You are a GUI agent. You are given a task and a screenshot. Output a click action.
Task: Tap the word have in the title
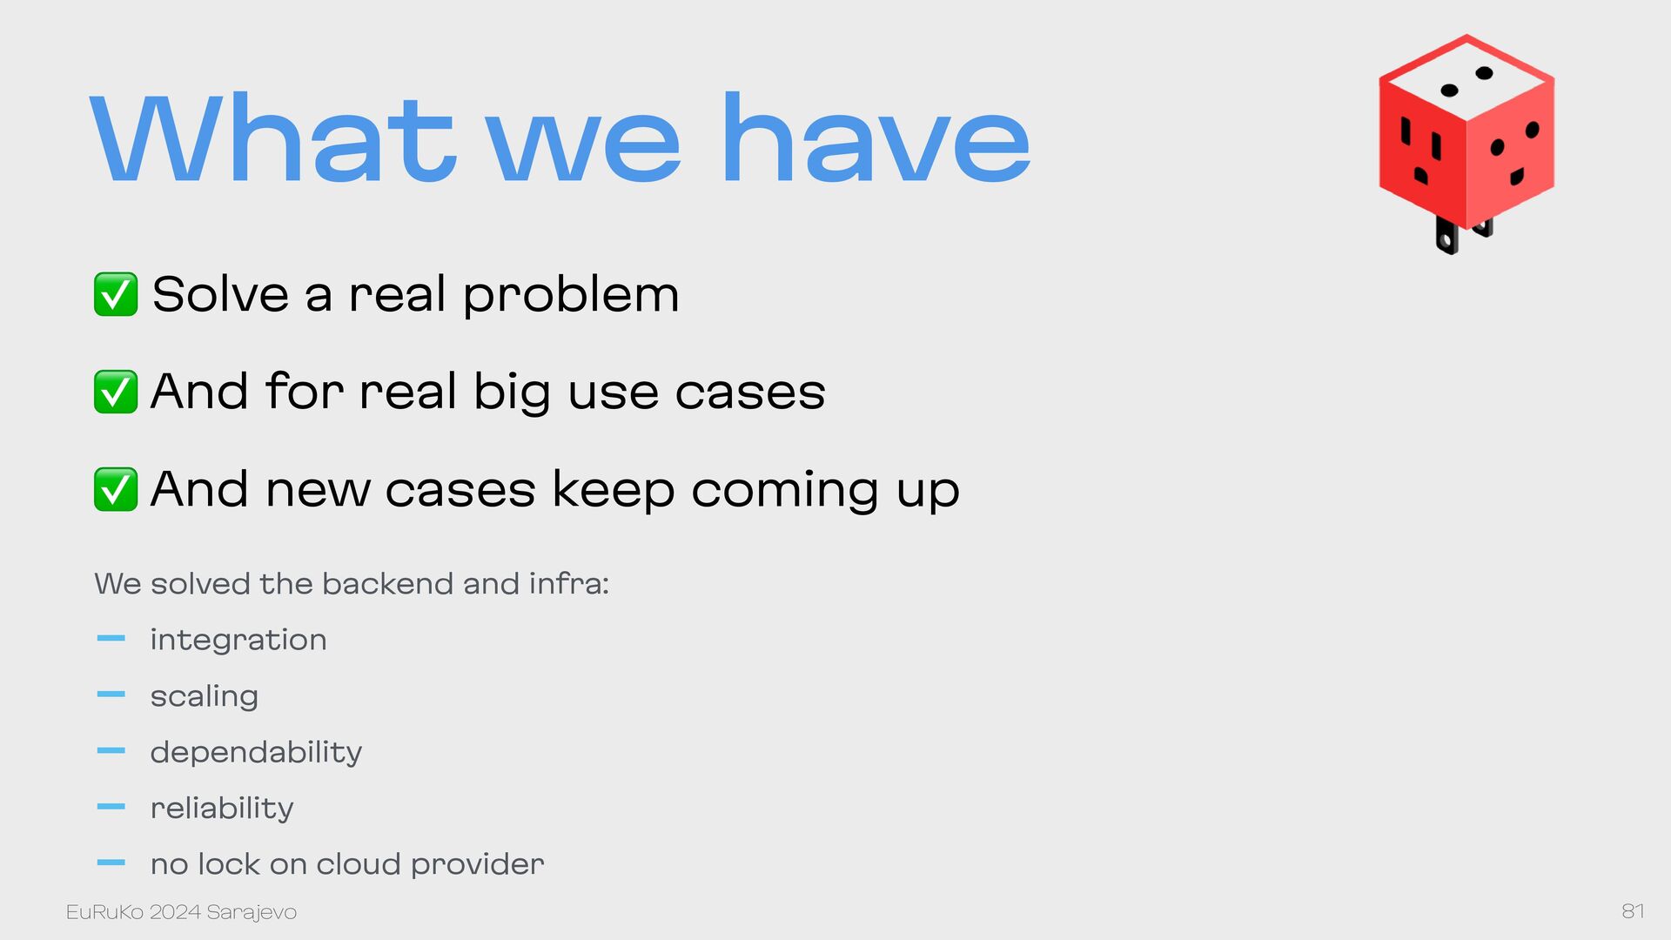(876, 138)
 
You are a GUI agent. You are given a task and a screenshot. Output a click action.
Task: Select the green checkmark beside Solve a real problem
(116, 294)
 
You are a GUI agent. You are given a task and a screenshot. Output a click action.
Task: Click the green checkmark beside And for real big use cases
(116, 392)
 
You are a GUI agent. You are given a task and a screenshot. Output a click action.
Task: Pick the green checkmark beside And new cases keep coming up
(116, 489)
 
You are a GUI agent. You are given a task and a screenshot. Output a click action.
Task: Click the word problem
(571, 296)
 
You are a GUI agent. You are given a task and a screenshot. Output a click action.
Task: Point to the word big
(512, 393)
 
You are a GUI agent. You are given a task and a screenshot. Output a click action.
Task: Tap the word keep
(613, 490)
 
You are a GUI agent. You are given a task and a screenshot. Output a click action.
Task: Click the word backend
(387, 583)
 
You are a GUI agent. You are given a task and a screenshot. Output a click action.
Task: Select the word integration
(238, 641)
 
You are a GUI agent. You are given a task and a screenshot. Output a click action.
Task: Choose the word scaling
(205, 697)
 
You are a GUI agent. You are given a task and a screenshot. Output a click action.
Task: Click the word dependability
(256, 753)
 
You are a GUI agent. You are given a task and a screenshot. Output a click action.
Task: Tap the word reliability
(222, 809)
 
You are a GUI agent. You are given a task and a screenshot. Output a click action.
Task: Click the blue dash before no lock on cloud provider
(111, 863)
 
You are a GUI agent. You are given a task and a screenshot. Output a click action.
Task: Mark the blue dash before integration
(111, 639)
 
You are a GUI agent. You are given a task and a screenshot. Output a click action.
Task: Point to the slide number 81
(1633, 911)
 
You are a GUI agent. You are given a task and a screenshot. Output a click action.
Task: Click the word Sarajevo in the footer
(252, 912)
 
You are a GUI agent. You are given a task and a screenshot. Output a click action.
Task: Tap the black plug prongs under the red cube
(1462, 233)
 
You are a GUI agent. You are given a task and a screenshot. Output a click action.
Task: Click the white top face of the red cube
(1467, 79)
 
